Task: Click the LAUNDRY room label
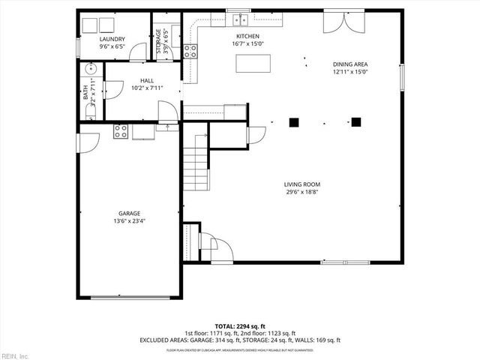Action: pyautogui.click(x=112, y=39)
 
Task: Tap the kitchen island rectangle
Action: pyautogui.click(x=252, y=64)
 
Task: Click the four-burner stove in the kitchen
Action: pyautogui.click(x=190, y=51)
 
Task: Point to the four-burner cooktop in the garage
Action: pyautogui.click(x=121, y=132)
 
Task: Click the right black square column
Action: pyautogui.click(x=356, y=121)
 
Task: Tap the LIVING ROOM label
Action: pyautogui.click(x=301, y=184)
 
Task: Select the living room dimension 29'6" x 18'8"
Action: pyautogui.click(x=301, y=192)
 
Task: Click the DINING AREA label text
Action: pyautogui.click(x=350, y=64)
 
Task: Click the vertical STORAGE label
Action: pyautogui.click(x=158, y=40)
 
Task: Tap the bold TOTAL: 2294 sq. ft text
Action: pyautogui.click(x=240, y=326)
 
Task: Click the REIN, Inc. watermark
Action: pyautogui.click(x=15, y=355)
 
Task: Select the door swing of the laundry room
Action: pyautogui.click(x=137, y=52)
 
